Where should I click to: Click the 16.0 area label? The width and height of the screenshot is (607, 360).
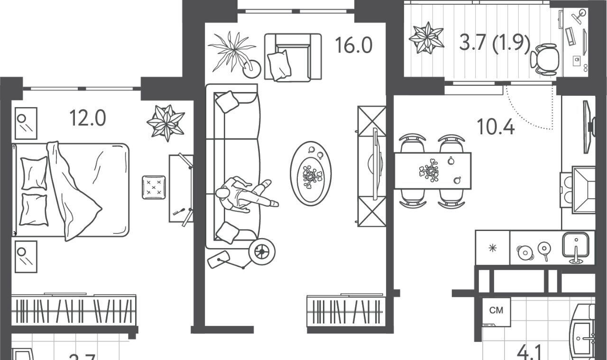(353, 46)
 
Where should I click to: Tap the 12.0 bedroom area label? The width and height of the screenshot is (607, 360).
(87, 118)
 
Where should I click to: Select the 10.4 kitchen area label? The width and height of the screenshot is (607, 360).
(495, 127)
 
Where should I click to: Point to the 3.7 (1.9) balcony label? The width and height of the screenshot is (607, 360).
(494, 43)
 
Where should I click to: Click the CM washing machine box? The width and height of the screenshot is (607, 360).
(496, 311)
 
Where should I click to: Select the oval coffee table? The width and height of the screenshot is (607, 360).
(311, 173)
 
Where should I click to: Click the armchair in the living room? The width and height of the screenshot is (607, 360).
(293, 57)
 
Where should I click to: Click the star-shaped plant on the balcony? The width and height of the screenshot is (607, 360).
(426, 37)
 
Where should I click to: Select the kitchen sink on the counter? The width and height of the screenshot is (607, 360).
(575, 245)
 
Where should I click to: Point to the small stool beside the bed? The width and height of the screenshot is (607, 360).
(154, 187)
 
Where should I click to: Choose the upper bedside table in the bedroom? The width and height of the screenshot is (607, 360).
(26, 123)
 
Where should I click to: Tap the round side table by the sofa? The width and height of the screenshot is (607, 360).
(262, 250)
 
